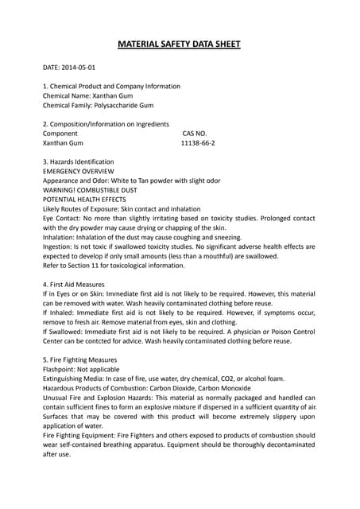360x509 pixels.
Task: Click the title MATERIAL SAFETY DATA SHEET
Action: click(x=180, y=45)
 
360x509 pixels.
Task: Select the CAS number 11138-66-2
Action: click(x=198, y=143)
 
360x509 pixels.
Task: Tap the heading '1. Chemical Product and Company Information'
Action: click(x=111, y=86)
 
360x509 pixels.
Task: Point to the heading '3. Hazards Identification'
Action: click(x=78, y=161)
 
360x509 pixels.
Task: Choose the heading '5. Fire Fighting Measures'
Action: click(x=79, y=359)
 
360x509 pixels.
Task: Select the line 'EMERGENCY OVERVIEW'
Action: click(x=78, y=171)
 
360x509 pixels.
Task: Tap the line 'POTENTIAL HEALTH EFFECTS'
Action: click(x=90, y=199)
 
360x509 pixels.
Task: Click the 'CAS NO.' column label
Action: click(x=195, y=134)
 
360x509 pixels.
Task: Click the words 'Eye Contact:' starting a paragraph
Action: click(x=63, y=218)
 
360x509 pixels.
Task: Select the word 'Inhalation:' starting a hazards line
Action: click(x=60, y=237)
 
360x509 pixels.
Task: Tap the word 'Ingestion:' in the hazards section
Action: click(x=60, y=247)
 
